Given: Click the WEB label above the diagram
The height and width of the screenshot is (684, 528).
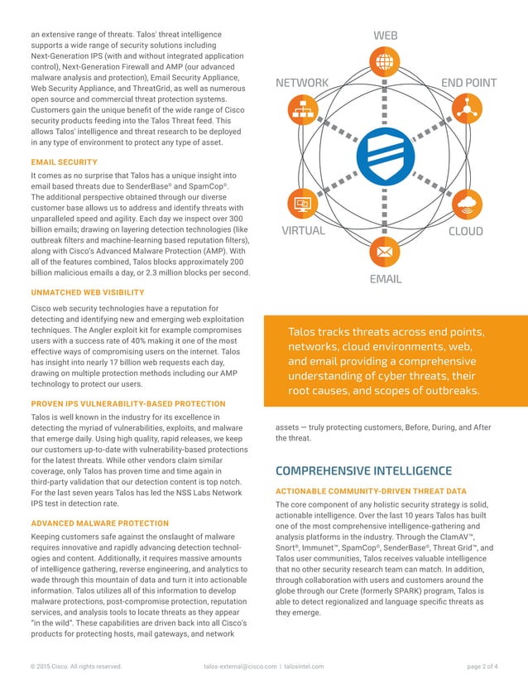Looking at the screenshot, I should (386, 36).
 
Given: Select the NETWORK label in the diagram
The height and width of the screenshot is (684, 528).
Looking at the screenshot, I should (302, 83).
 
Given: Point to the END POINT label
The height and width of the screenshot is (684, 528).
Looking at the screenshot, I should (468, 83).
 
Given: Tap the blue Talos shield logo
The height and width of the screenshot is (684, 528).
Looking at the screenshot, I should (385, 161).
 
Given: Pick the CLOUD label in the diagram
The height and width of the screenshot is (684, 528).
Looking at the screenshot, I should (465, 231).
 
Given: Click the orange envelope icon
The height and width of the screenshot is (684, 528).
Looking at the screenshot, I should (385, 249).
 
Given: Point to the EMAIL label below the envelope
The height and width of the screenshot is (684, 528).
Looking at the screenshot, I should (385, 279).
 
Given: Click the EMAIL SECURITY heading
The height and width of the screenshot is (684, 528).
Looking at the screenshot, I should (64, 162).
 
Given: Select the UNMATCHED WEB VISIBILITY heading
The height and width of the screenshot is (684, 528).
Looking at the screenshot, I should (87, 292).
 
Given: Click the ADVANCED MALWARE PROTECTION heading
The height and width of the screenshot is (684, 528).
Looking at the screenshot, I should (99, 523).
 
